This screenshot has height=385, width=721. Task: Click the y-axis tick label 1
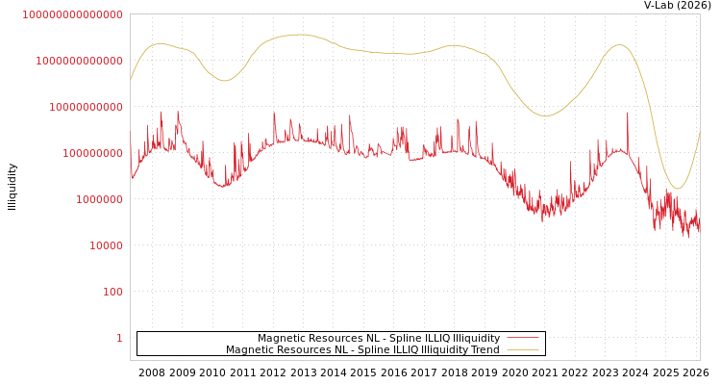coord(119,338)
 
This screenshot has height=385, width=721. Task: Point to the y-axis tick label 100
coord(112,292)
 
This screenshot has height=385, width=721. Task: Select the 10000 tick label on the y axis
coord(106,245)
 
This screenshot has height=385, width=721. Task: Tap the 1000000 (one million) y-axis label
coord(99,199)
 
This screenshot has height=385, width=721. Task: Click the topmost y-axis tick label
coord(72,14)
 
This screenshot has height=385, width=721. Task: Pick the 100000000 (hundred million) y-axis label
coord(92,153)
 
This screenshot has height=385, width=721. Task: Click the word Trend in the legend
coord(484,350)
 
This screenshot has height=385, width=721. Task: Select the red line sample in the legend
coord(522,338)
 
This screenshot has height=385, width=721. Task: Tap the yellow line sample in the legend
coord(522,350)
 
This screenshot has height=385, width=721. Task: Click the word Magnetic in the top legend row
coord(281,338)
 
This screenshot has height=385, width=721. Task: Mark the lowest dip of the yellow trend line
coord(677,188)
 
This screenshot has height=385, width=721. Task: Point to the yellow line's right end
coord(700,132)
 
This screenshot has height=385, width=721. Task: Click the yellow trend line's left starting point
coord(131,81)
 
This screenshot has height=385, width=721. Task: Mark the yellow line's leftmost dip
coord(225,81)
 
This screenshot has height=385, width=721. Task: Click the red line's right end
coord(700,231)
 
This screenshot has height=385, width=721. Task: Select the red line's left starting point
coord(131,144)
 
